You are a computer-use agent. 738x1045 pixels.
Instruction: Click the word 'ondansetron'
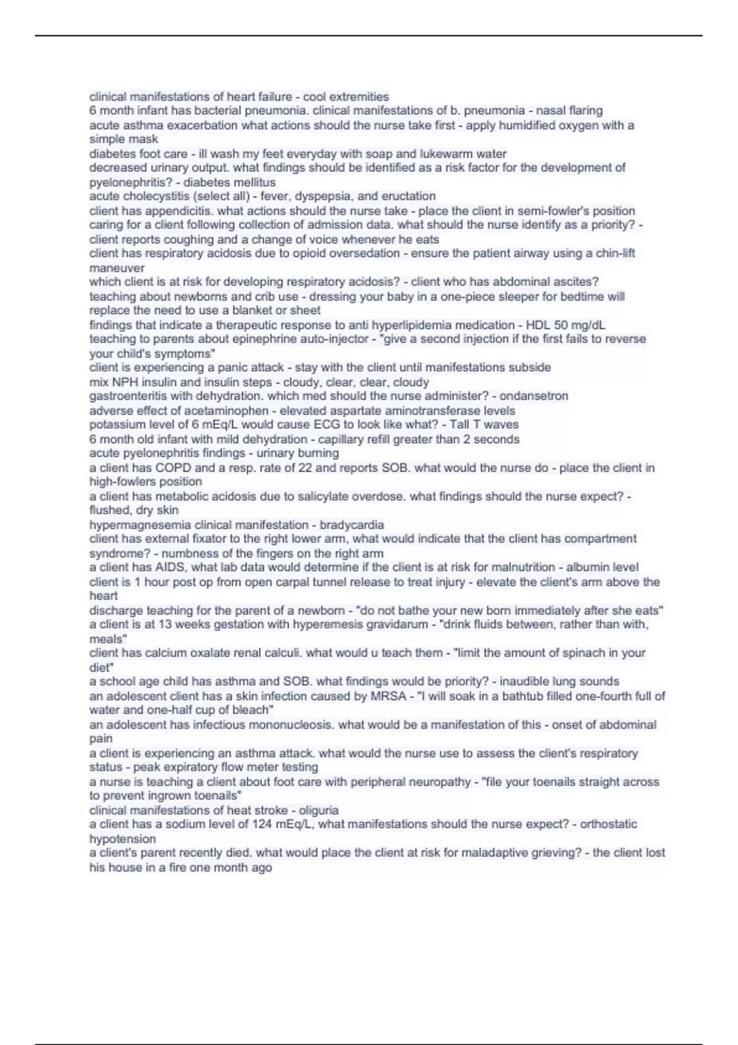click(x=533, y=396)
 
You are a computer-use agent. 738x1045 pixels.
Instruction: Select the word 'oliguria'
click(x=319, y=810)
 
